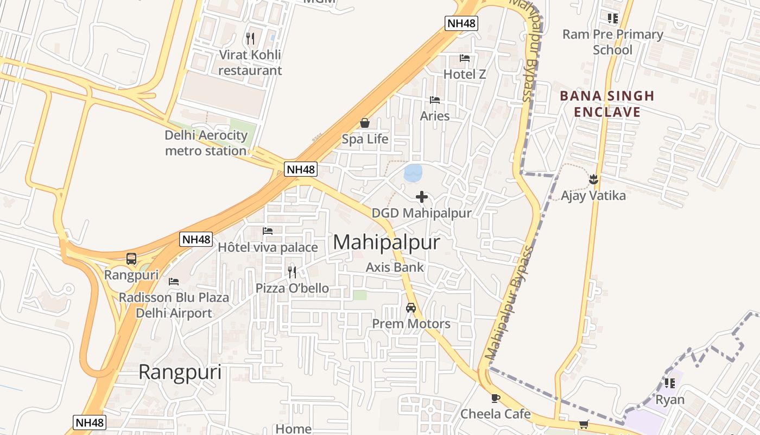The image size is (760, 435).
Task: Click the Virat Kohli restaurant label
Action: (250, 63)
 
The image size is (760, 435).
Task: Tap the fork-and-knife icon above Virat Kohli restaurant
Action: (250, 38)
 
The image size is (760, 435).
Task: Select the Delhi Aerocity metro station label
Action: (206, 143)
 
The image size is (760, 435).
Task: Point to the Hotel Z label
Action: (465, 74)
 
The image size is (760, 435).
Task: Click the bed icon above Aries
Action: (435, 100)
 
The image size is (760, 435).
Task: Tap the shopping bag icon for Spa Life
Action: (365, 123)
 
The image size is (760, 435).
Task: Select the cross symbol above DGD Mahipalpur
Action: (422, 197)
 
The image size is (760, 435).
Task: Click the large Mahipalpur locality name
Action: (386, 243)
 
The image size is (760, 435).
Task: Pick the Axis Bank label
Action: (395, 267)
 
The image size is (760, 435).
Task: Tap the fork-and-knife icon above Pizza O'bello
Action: (292, 272)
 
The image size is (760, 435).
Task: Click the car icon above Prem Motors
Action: (411, 308)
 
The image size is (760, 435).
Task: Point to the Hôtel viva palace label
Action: (268, 247)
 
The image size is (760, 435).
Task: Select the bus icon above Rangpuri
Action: (131, 259)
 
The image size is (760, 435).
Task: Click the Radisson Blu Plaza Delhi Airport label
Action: (174, 305)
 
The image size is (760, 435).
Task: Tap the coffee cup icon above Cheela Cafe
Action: (495, 398)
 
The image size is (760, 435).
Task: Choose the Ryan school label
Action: (670, 400)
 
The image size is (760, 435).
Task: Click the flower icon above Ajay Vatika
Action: (593, 179)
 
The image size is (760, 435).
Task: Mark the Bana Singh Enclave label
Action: (607, 104)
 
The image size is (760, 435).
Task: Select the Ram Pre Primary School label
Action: (612, 42)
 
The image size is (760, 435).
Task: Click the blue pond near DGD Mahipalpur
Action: (413, 173)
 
